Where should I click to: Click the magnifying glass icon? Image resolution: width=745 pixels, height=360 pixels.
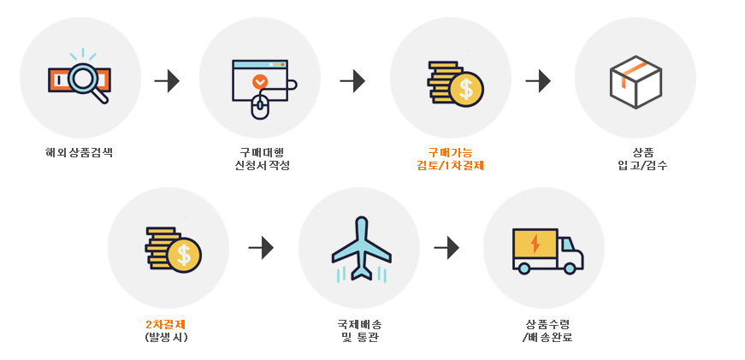tap(86, 80)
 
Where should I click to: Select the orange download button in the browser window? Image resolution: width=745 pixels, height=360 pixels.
tap(260, 82)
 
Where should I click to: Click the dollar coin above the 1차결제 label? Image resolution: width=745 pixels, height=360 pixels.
tap(466, 89)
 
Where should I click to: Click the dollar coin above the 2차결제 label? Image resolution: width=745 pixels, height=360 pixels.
tap(184, 255)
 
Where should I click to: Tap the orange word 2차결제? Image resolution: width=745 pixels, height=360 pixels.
tap(167, 324)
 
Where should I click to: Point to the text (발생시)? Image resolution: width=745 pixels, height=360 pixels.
tap(167, 337)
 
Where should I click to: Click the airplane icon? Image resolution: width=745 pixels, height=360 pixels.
tap(361, 248)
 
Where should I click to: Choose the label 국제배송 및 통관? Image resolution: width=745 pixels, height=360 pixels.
tap(359, 330)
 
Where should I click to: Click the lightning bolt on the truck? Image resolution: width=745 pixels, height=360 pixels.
tap(535, 244)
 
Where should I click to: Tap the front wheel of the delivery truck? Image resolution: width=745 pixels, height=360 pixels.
tap(570, 269)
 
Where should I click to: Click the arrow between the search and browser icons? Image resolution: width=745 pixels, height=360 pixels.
tap(167, 81)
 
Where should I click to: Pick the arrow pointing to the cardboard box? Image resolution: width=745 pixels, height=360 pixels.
tap(538, 81)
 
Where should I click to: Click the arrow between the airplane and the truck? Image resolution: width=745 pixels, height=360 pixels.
tap(446, 248)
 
